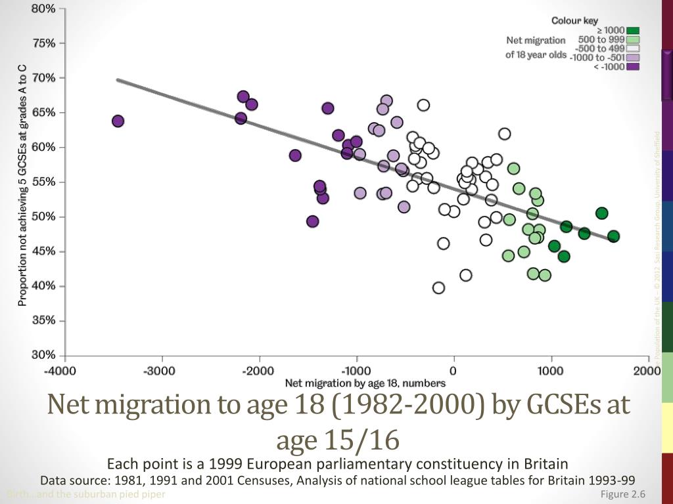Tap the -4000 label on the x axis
point(60,370)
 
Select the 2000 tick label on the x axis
point(647,370)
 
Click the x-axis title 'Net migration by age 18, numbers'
point(365,383)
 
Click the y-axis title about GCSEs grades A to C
point(22,186)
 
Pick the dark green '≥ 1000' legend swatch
point(633,30)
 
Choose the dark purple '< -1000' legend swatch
point(633,66)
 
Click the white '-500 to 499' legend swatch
point(633,48)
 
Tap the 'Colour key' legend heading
point(574,20)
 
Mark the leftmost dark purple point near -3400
point(118,121)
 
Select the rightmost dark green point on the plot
point(613,236)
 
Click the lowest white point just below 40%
point(438,287)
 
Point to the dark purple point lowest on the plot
point(312,221)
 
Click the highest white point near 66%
point(423,105)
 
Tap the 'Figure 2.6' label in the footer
point(623,494)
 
